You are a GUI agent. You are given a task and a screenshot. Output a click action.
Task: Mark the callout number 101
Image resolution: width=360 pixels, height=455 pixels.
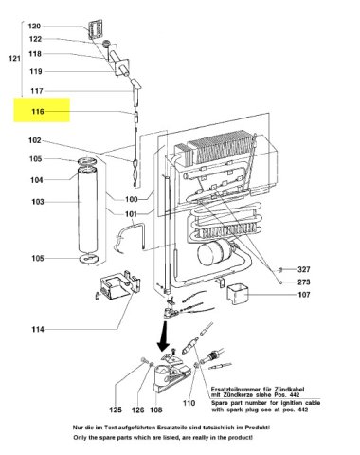click(132, 212)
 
